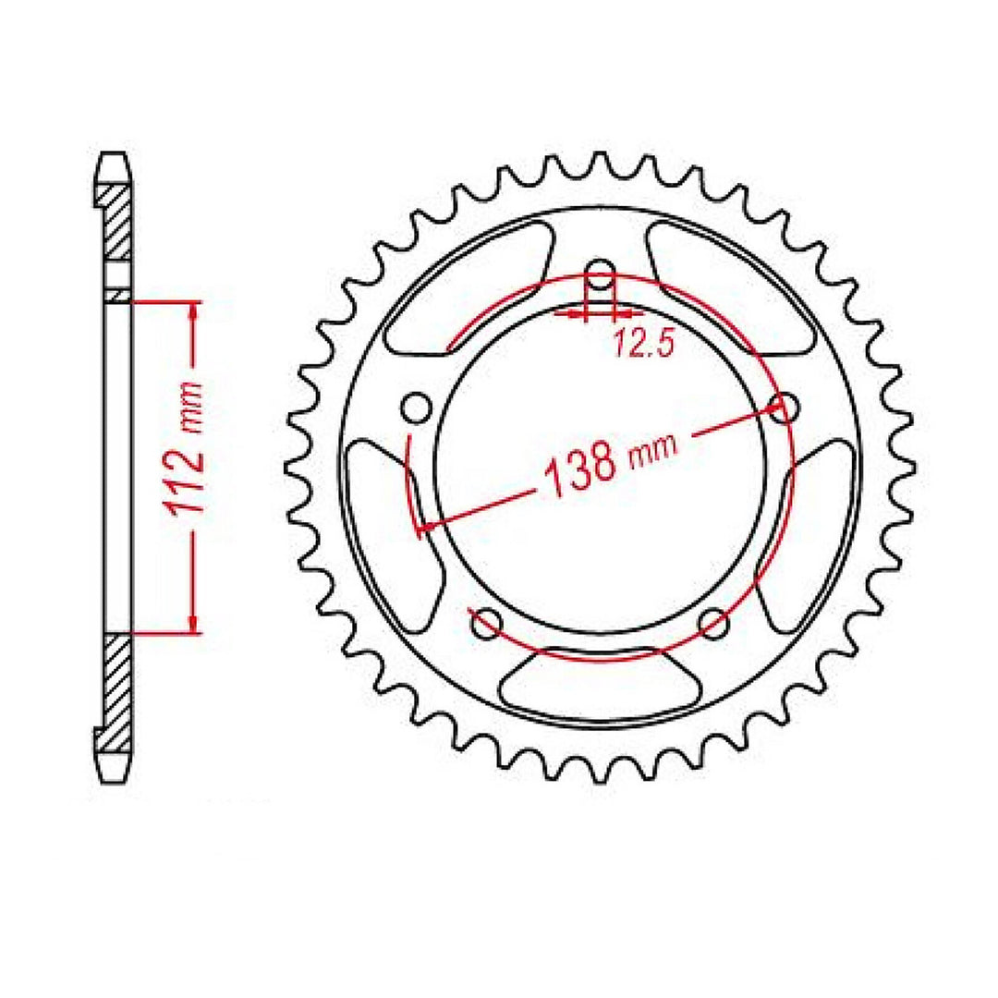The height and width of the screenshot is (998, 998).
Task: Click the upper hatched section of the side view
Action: click(x=116, y=222)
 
